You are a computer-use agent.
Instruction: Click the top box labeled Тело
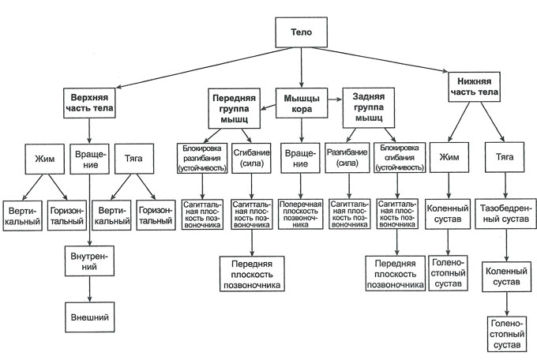tap(297, 33)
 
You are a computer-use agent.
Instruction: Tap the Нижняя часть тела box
tap(477, 86)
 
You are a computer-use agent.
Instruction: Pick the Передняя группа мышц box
tap(230, 108)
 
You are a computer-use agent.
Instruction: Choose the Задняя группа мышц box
tap(368, 108)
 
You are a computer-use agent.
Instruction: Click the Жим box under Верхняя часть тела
tap(43, 156)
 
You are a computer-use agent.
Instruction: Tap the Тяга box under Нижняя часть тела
tap(505, 156)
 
